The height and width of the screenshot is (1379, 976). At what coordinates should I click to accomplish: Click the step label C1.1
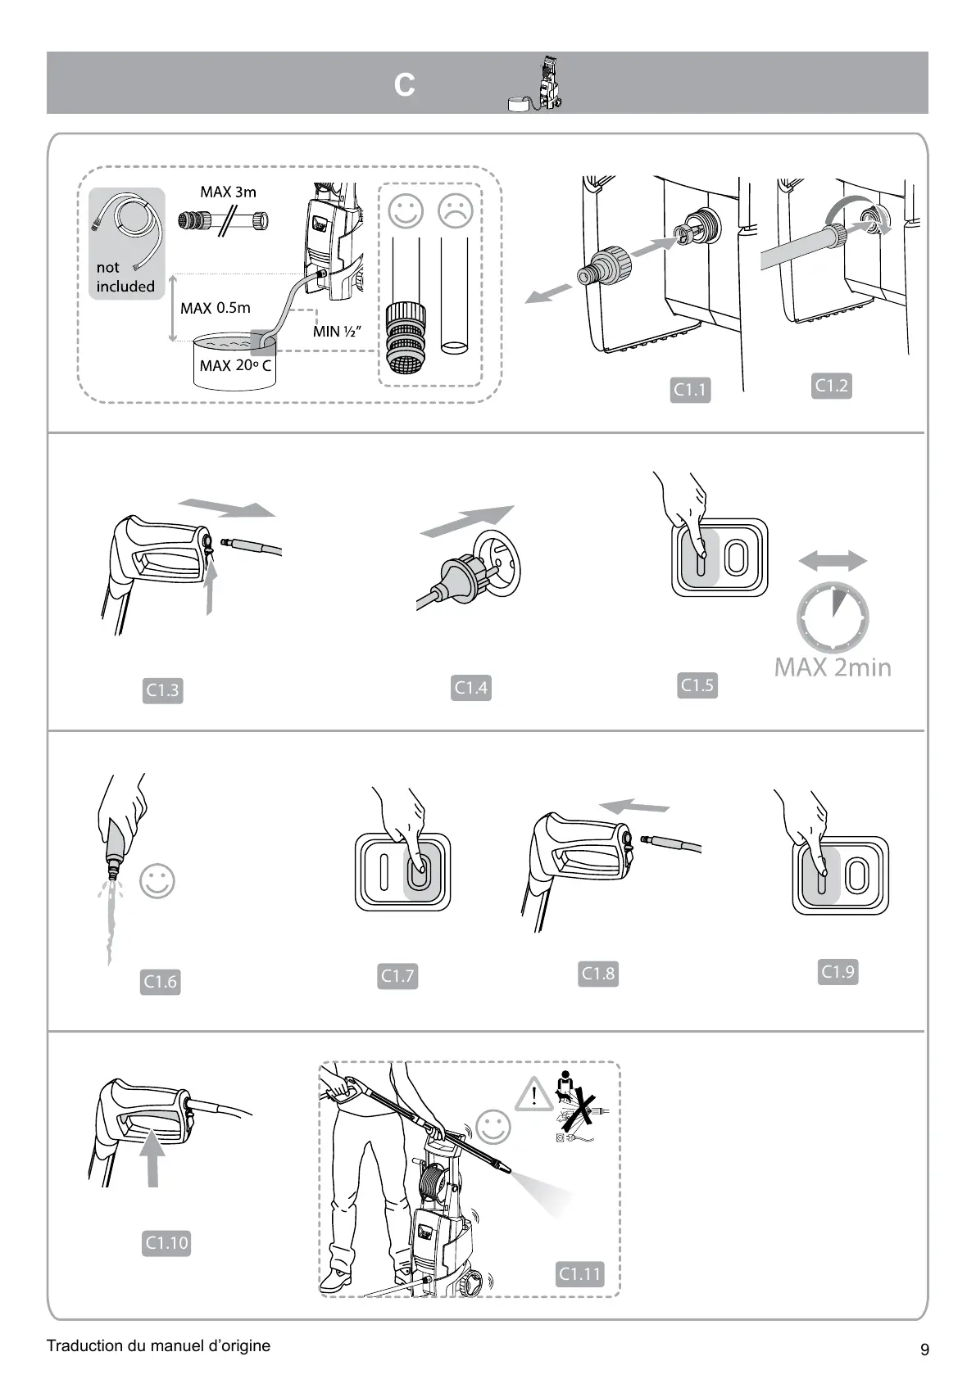689,391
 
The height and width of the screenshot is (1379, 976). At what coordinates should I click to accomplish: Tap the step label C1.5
697,685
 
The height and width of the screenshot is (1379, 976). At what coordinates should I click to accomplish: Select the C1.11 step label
579,1273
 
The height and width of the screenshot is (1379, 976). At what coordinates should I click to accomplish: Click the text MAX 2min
833,667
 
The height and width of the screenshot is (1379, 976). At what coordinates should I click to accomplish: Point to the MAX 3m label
228,192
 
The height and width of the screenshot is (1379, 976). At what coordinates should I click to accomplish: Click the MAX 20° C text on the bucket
235,365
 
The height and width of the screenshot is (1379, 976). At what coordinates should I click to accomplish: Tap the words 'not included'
125,277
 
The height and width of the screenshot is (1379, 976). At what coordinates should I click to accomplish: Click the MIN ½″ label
337,332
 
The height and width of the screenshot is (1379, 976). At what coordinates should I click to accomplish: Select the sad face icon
456,210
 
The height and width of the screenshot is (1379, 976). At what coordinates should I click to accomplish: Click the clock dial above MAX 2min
833,618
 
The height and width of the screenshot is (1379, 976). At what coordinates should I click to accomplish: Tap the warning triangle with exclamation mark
534,1093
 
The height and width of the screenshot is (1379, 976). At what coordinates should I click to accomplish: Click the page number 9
924,1350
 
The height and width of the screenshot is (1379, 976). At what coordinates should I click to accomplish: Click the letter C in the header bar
404,85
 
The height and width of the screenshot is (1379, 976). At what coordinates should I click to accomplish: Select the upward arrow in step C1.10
152,1155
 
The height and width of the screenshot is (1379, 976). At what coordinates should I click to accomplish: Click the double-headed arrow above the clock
833,561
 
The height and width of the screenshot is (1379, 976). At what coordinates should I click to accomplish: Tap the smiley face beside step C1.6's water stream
157,881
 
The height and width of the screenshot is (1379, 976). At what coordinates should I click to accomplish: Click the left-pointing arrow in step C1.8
633,806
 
